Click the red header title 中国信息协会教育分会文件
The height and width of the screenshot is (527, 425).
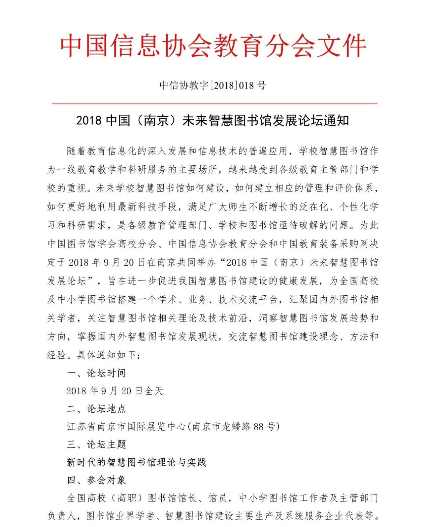(x=213, y=46)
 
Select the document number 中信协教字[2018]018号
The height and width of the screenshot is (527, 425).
(x=213, y=85)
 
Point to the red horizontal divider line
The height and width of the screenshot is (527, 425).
(x=215, y=104)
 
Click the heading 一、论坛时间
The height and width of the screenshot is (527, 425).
(x=96, y=373)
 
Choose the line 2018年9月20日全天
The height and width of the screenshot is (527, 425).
(x=114, y=391)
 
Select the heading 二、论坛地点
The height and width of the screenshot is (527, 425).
(x=96, y=409)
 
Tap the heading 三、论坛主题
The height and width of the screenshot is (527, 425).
(x=96, y=445)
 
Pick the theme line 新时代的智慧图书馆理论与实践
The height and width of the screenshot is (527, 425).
(x=137, y=462)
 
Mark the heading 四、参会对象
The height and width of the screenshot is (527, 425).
(x=96, y=480)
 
